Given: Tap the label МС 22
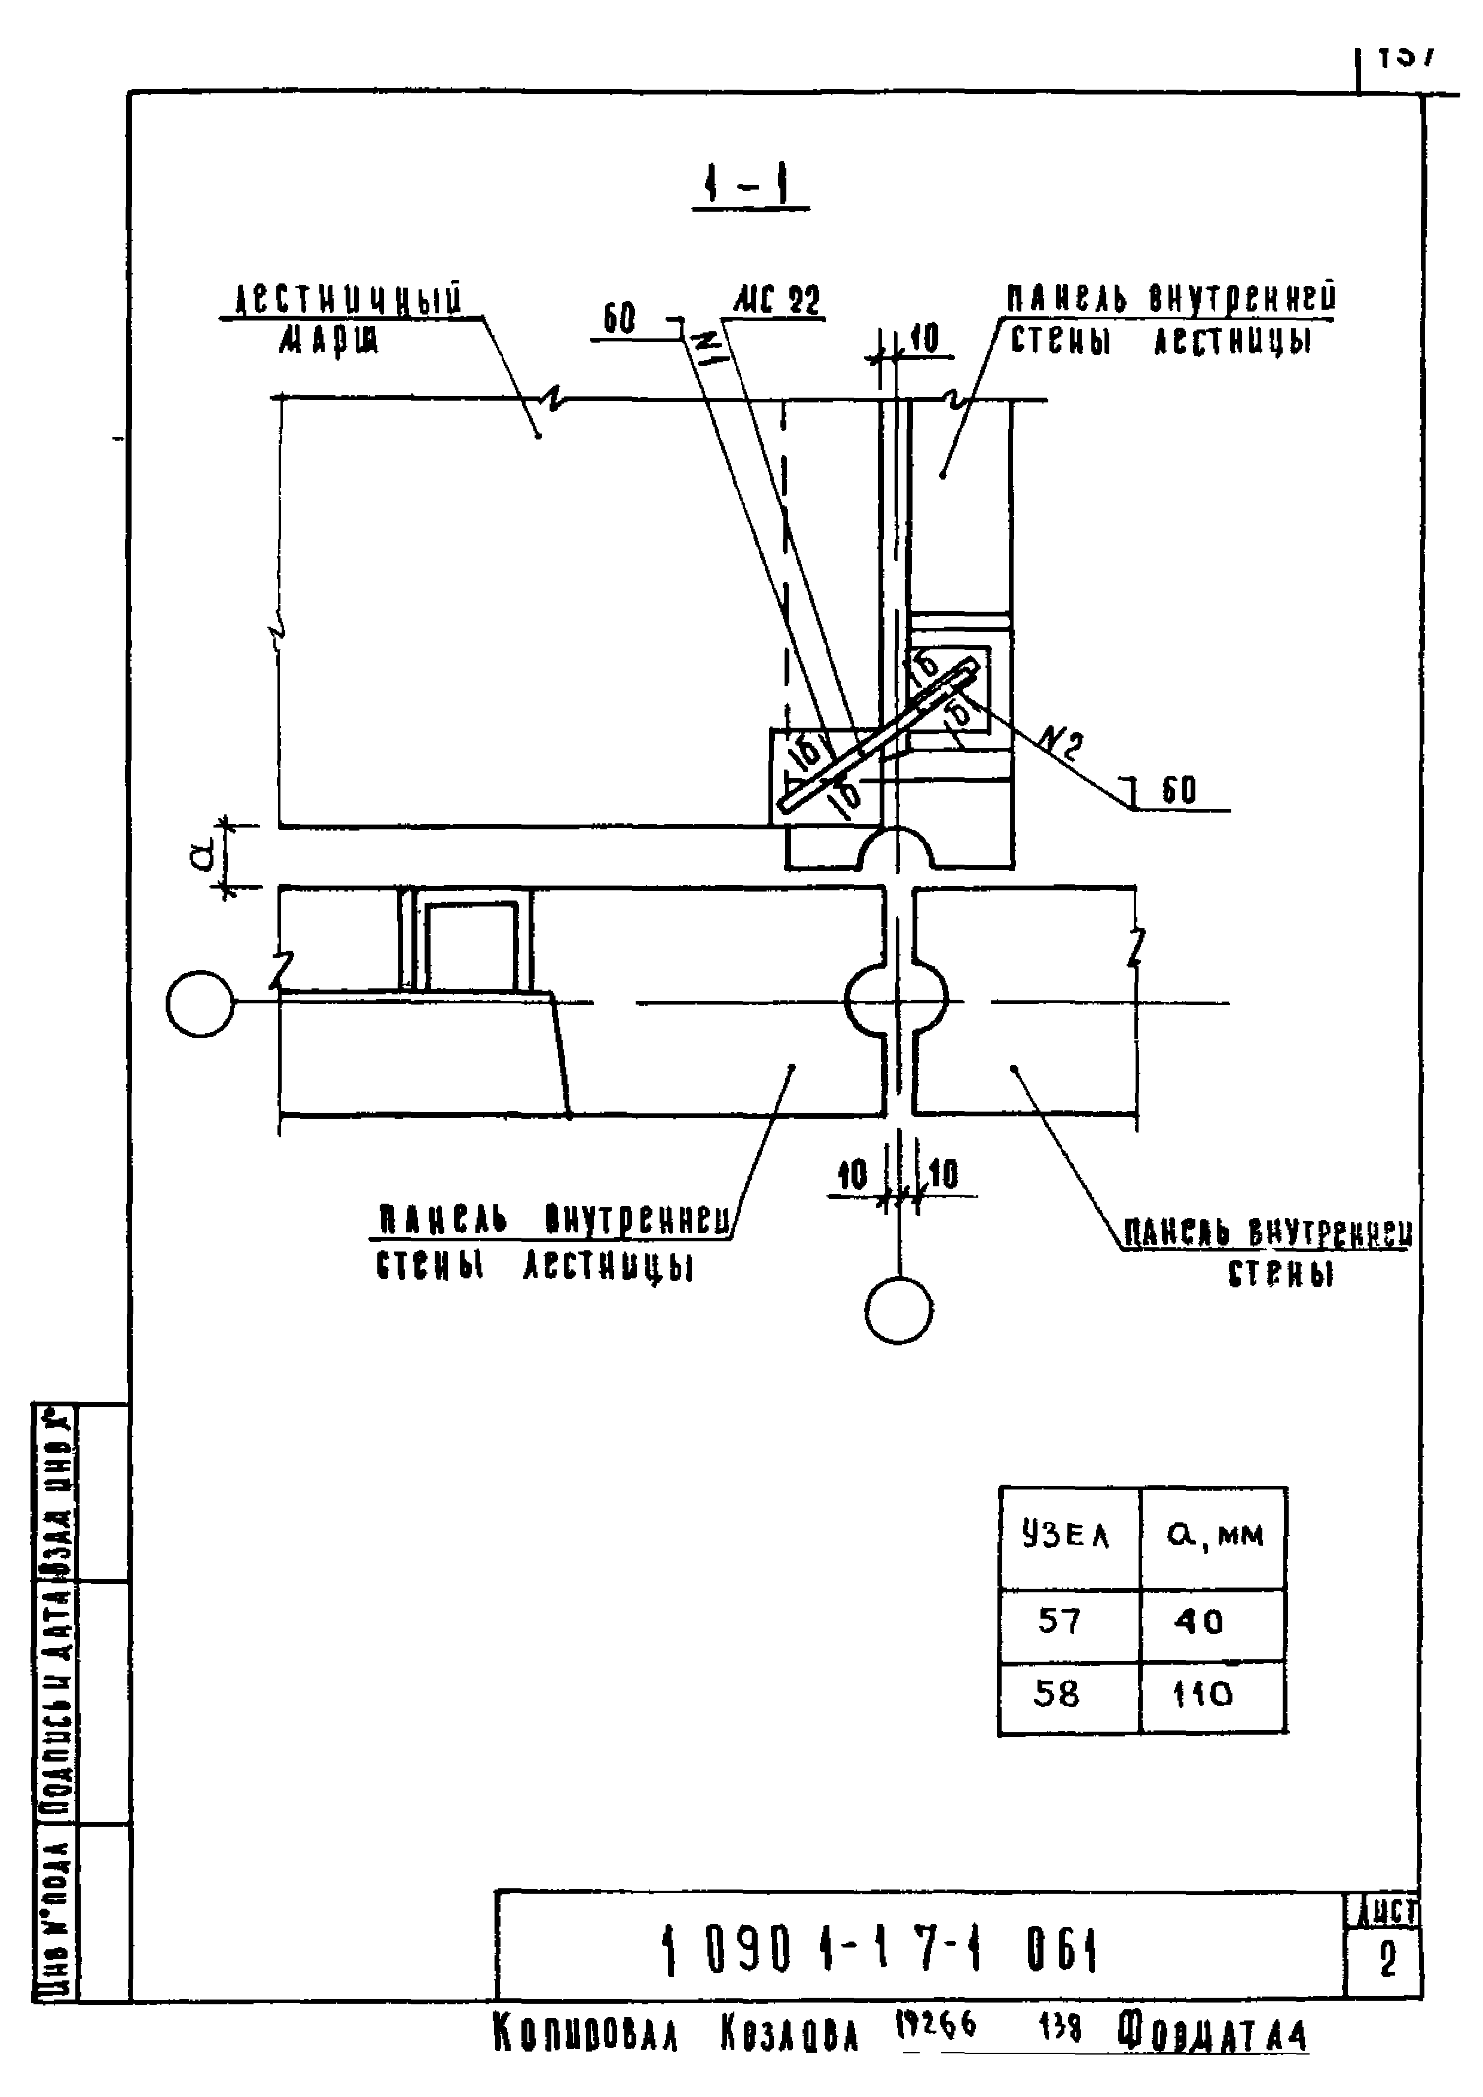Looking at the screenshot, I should [777, 301].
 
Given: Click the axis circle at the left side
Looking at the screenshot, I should [200, 1004].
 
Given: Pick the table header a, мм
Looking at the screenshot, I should [1215, 1536].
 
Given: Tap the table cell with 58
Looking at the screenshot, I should [1057, 1694].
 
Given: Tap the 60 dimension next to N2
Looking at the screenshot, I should [1179, 791].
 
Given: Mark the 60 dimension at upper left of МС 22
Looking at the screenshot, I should [619, 320].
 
